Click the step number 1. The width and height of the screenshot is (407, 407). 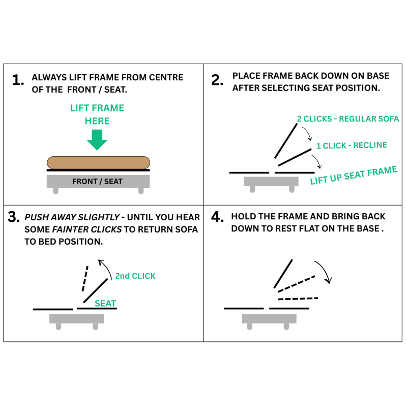(x=18, y=80)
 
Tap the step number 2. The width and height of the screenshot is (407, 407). (x=217, y=80)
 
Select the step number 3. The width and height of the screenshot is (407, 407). (x=14, y=217)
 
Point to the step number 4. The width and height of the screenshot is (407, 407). (x=217, y=217)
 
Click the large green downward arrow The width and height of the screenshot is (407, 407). (x=97, y=139)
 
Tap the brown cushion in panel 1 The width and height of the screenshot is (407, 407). (x=98, y=162)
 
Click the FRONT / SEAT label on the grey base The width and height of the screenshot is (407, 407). (x=97, y=182)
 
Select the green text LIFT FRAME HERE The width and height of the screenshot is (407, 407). (x=97, y=114)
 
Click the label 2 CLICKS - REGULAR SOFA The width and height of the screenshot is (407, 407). (x=348, y=119)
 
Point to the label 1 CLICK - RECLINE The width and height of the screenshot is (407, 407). (x=352, y=146)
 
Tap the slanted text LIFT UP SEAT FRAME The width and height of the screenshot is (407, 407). (x=353, y=175)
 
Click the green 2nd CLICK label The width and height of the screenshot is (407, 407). (x=135, y=276)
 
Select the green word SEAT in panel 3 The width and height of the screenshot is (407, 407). (x=105, y=303)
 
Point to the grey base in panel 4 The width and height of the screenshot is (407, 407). (x=269, y=318)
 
